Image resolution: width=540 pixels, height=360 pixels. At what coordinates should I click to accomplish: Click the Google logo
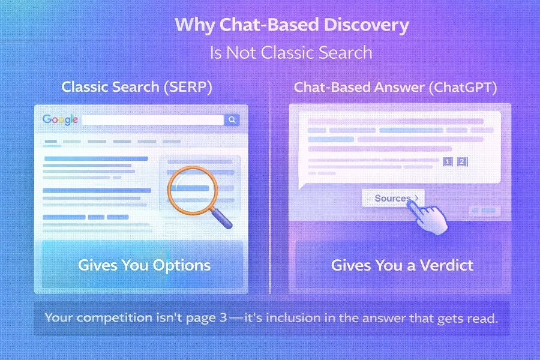pyautogui.click(x=61, y=119)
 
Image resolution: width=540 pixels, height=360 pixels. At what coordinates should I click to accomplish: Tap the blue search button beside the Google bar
pyautogui.click(x=232, y=120)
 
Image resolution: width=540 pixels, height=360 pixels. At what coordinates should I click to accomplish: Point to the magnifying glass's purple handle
pyautogui.click(x=223, y=218)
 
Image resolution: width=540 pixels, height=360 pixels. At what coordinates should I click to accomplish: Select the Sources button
pyautogui.click(x=392, y=198)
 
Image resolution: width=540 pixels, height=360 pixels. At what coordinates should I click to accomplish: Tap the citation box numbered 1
pyautogui.click(x=446, y=161)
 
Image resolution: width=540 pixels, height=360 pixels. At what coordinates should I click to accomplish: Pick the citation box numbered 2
pyautogui.click(x=461, y=161)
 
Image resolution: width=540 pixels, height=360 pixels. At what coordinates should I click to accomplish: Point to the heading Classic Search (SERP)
pyautogui.click(x=137, y=86)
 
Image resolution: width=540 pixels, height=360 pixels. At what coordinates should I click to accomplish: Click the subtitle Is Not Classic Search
pyautogui.click(x=291, y=52)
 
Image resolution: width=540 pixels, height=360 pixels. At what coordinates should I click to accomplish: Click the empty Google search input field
pyautogui.click(x=152, y=120)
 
